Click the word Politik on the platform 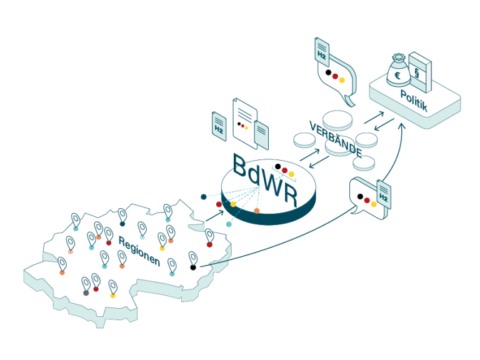[414, 100]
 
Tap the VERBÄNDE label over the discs [336, 139]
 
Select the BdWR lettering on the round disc [265, 180]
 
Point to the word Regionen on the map [139, 251]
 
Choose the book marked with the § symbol [420, 72]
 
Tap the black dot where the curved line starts [193, 267]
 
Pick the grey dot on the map [86, 293]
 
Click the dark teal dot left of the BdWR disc [204, 197]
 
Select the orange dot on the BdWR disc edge [256, 211]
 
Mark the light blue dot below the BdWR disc [229, 224]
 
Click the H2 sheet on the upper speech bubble [322, 52]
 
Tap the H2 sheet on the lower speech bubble [384, 195]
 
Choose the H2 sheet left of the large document [219, 126]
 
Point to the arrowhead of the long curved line [402, 126]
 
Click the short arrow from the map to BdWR [214, 216]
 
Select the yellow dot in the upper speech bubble [342, 80]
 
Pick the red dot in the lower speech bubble [367, 200]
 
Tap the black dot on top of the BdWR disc [277, 166]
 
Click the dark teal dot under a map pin [122, 224]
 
